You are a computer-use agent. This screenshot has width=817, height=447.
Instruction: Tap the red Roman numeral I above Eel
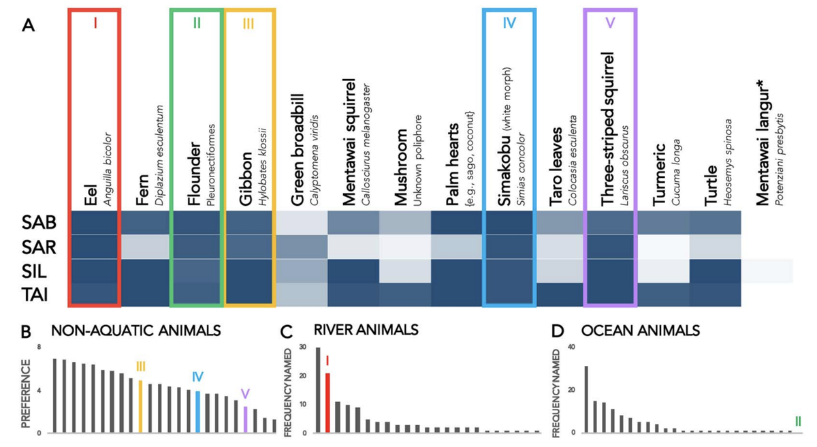tap(95, 24)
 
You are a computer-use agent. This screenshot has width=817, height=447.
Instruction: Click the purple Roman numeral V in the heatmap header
tap(609, 24)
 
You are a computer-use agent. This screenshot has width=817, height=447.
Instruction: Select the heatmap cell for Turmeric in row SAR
tap(662, 247)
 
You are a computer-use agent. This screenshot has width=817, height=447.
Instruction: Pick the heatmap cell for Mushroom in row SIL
tap(404, 271)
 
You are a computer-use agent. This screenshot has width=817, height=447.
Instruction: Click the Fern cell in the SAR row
tap(146, 247)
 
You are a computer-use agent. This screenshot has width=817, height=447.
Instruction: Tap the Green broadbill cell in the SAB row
tap(302, 223)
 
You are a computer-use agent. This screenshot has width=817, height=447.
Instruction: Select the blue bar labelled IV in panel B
tap(197, 412)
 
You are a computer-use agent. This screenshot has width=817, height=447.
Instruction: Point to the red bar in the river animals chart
tap(327, 402)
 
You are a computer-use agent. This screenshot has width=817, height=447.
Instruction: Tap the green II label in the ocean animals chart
tap(797, 422)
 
